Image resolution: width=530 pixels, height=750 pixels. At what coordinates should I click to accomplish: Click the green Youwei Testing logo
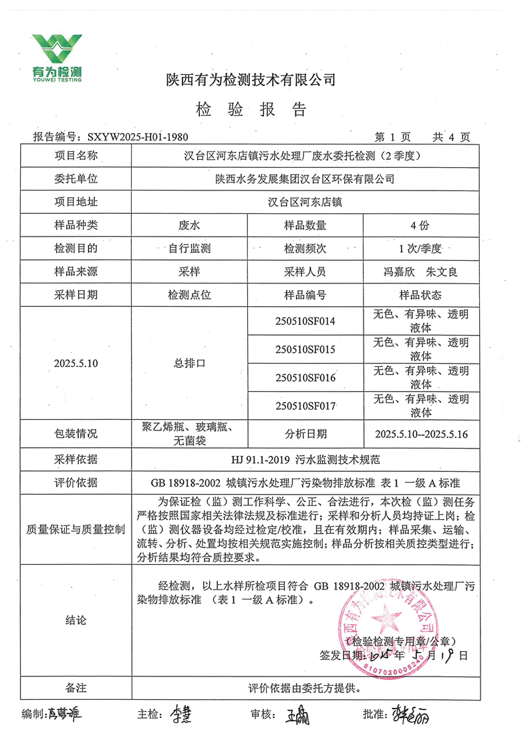[x=57, y=57]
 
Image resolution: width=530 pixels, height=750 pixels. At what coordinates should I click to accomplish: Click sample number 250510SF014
[x=305, y=321]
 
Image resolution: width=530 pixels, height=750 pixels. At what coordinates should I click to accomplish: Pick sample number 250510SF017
[x=305, y=405]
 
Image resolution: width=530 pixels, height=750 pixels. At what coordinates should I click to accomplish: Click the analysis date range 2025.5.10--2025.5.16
[x=421, y=434]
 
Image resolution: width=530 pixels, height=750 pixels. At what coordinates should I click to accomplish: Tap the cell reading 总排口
[x=189, y=363]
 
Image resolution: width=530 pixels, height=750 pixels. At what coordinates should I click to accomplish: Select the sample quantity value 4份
[x=421, y=225]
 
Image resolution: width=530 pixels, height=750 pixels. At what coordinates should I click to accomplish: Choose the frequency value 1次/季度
[x=421, y=248]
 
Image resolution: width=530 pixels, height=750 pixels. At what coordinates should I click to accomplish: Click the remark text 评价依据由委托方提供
[x=305, y=687]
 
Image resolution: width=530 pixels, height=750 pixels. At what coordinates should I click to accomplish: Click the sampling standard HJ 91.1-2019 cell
[x=305, y=459]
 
